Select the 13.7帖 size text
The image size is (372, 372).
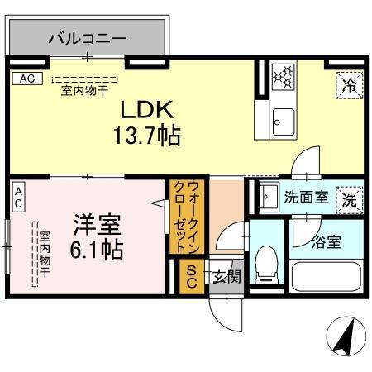pyautogui.click(x=147, y=134)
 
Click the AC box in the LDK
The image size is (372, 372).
pyautogui.click(x=26, y=79)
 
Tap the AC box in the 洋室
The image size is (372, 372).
pyautogui.click(x=18, y=198)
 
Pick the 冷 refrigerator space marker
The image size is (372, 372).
pyautogui.click(x=349, y=83)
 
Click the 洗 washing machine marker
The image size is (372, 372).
pyautogui.click(x=350, y=198)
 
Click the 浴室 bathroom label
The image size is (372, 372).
pyautogui.click(x=327, y=242)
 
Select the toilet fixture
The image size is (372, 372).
pyautogui.click(x=267, y=264)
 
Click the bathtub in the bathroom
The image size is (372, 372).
pyautogui.click(x=325, y=275)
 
